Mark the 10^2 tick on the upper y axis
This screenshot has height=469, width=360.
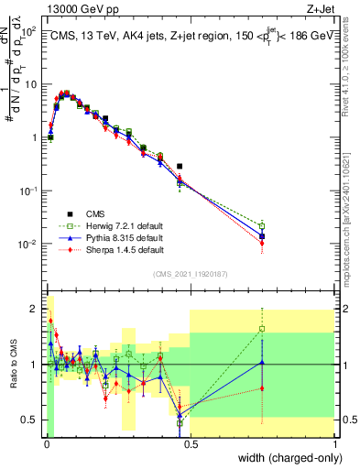coord(27,30)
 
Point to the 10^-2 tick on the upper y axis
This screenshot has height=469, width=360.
coord(27,244)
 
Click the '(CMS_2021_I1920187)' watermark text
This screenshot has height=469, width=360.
coord(190,273)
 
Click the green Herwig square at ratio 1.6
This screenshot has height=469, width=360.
coord(262,329)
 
